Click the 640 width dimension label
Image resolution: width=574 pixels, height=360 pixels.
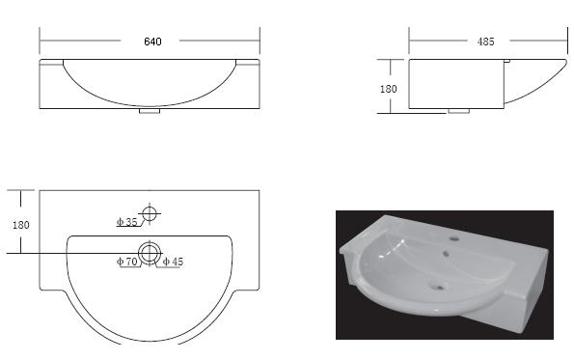pyautogui.click(x=152, y=42)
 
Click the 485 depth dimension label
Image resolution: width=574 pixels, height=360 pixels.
pyautogui.click(x=486, y=42)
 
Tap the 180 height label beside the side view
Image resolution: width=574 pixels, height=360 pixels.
pyautogui.click(x=389, y=89)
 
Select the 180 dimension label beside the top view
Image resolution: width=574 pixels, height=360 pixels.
pyautogui.click(x=21, y=225)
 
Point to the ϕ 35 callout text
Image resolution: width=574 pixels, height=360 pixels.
pyautogui.click(x=126, y=222)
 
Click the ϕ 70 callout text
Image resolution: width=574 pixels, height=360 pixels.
pyautogui.click(x=126, y=262)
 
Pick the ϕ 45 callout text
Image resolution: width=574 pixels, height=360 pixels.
pyautogui.click(x=173, y=262)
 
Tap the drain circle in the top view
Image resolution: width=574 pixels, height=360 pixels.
pyautogui.click(x=150, y=242)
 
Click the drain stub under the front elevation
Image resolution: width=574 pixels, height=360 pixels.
pyautogui.click(x=150, y=111)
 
